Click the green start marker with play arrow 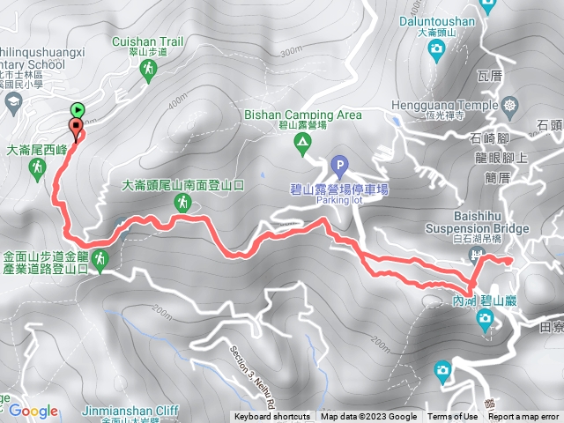[x=77, y=110]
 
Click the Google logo [x=33, y=411]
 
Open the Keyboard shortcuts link [x=271, y=417]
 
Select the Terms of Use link [x=452, y=417]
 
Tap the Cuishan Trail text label [x=147, y=41]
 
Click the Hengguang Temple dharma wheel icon [x=511, y=106]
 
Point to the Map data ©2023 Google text [x=368, y=417]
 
